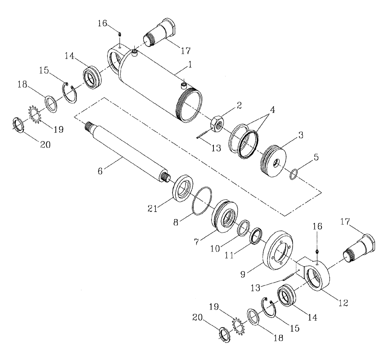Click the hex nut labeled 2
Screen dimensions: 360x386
pyautogui.click(x=217, y=124)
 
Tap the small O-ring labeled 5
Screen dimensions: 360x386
pyautogui.click(x=295, y=175)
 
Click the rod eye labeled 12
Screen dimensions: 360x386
pyautogui.click(x=318, y=276)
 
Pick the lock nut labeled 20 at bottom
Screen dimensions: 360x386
pyautogui.click(x=224, y=334)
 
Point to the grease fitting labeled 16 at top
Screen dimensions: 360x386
pyautogui.click(x=120, y=36)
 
